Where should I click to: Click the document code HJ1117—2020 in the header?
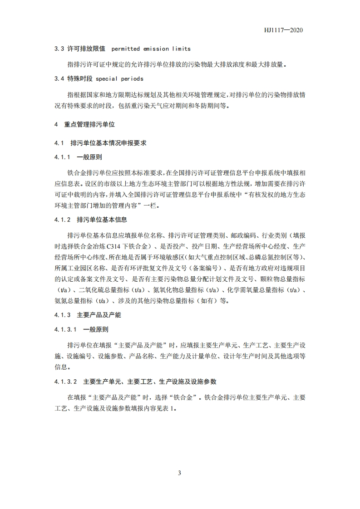click(x=283, y=30)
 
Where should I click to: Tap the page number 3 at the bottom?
click(x=180, y=473)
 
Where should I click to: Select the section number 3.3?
click(x=59, y=49)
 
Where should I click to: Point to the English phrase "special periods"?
click(x=119, y=78)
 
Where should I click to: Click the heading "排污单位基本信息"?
click(x=102, y=219)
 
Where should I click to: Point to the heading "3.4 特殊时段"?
click(x=73, y=78)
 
